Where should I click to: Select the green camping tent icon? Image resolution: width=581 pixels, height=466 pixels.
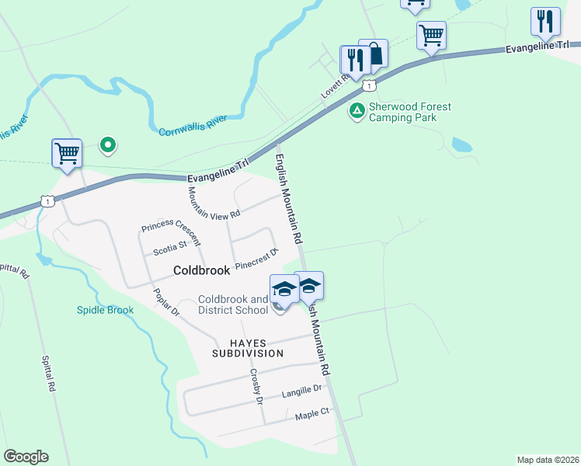click(x=357, y=111)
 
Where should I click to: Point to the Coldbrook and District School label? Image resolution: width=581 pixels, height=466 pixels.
click(x=233, y=305)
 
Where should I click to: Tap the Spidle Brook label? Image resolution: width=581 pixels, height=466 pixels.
click(x=105, y=310)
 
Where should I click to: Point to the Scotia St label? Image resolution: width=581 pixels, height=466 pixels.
click(x=170, y=248)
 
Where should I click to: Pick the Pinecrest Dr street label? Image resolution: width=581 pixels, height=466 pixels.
click(x=256, y=258)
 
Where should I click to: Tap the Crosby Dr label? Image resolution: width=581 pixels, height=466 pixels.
click(x=256, y=385)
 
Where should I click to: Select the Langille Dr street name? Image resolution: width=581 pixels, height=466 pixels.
click(x=302, y=390)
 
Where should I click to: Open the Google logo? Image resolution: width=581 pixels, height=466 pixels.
click(x=26, y=456)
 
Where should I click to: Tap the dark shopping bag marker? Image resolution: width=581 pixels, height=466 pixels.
click(x=374, y=54)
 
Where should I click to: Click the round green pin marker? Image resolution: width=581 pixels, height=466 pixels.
click(x=108, y=144)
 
